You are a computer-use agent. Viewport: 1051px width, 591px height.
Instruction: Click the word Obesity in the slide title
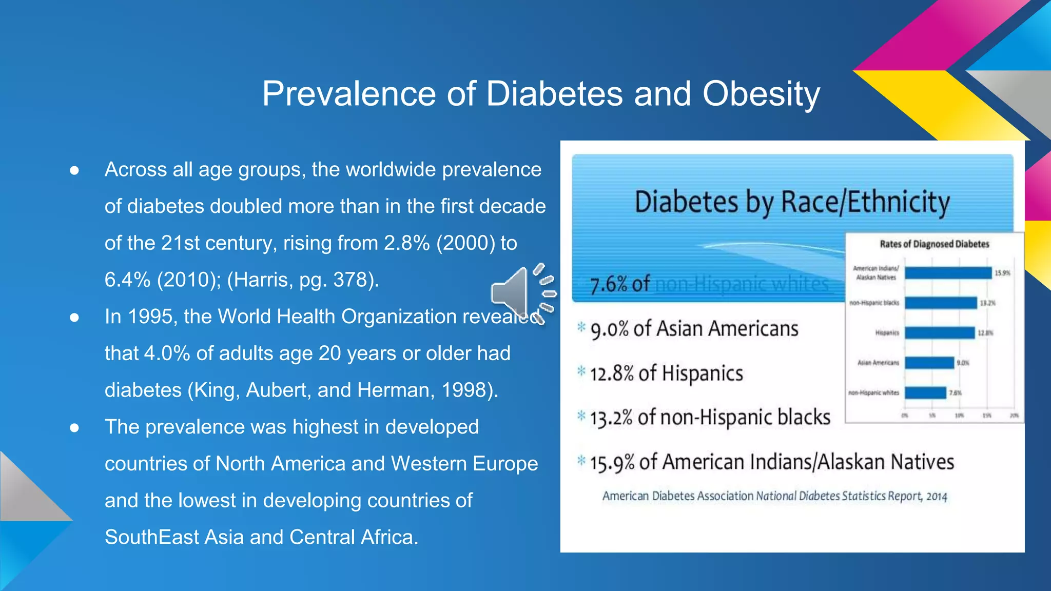point(761,94)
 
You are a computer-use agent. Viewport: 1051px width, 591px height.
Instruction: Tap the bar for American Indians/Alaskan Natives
point(948,273)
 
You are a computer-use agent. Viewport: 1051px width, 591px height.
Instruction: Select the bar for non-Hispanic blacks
point(941,303)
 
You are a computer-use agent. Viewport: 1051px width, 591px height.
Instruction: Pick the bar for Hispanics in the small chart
point(940,333)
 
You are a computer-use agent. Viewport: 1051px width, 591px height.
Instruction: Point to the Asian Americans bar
point(929,363)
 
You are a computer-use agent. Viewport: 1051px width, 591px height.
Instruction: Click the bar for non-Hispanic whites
point(925,393)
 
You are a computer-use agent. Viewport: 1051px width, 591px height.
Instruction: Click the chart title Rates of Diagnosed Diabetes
point(934,244)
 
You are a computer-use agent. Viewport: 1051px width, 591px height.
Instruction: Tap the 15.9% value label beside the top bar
point(1002,273)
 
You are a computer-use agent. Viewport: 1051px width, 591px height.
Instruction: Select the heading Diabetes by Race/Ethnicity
point(792,202)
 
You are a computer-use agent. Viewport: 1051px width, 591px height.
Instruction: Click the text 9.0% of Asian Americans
point(694,329)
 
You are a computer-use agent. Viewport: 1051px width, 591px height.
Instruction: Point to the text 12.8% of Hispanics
point(666,373)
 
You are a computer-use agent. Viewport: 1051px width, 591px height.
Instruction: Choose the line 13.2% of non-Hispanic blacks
point(710,418)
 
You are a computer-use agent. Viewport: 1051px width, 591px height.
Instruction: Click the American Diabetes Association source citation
point(774,496)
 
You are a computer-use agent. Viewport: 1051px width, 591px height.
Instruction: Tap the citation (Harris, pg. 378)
point(303,280)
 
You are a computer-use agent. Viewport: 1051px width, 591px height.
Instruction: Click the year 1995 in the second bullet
point(149,317)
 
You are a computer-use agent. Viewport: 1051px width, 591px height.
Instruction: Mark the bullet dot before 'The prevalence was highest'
point(74,427)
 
